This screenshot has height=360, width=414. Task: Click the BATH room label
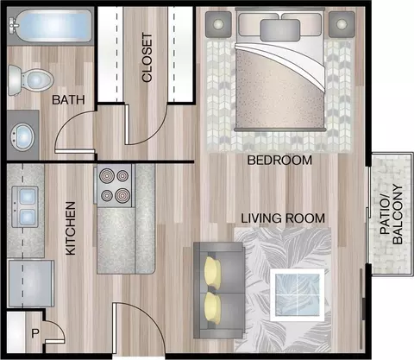[x=68, y=100]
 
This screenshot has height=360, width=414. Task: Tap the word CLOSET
[x=147, y=58]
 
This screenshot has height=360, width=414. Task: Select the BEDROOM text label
[x=279, y=160]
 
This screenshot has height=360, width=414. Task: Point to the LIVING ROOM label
[x=283, y=218]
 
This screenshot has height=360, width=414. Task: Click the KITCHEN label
[x=71, y=228]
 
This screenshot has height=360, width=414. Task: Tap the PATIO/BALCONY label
[x=392, y=214]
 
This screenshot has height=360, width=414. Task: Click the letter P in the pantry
[x=35, y=333]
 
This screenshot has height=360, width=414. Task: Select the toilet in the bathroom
[x=30, y=80]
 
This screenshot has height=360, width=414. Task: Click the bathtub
[x=51, y=26]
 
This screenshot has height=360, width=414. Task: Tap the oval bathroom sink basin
[x=22, y=136]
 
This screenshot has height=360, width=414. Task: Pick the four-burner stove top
[x=115, y=186]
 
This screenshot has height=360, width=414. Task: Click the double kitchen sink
[x=25, y=206]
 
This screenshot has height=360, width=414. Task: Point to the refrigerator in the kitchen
[x=31, y=283]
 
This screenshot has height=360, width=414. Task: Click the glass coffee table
[x=298, y=295]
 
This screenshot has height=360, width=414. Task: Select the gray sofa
[x=219, y=290]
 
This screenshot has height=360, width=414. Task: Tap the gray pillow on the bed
[x=280, y=30]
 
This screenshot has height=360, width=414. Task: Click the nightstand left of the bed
[x=218, y=24]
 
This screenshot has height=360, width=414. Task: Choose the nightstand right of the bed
[x=342, y=24]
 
